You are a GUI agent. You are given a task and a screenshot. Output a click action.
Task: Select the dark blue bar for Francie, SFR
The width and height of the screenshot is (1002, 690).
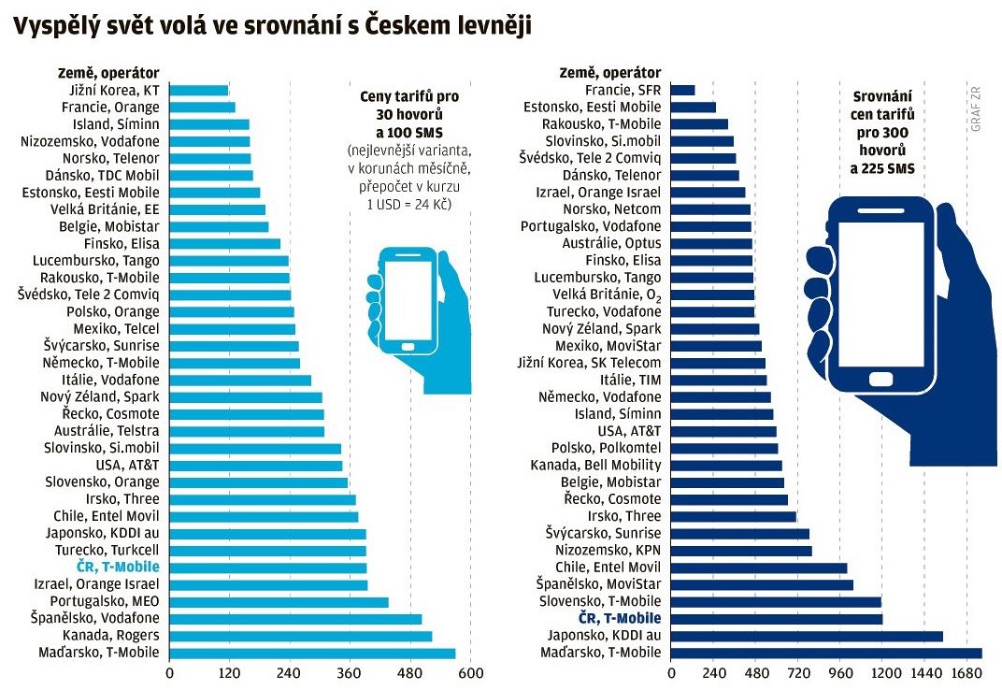(683, 90)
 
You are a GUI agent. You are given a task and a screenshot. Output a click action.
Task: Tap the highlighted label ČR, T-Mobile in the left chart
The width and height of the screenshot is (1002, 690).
(118, 568)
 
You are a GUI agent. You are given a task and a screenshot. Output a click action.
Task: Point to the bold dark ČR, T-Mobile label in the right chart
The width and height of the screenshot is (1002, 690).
(620, 618)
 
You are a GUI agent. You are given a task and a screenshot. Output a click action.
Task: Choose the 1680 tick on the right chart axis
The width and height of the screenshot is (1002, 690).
(966, 673)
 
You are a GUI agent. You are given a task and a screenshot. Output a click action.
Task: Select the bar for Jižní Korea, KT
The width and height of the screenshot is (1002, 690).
(199, 91)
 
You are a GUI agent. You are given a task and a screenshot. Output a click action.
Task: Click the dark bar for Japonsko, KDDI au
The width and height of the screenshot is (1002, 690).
(807, 636)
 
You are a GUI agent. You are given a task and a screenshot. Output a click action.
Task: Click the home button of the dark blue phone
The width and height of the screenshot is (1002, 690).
(881, 379)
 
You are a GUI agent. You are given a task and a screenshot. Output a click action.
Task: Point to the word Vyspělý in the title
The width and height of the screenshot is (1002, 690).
(57, 27)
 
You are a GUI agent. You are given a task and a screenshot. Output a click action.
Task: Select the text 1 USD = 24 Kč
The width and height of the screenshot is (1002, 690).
(410, 204)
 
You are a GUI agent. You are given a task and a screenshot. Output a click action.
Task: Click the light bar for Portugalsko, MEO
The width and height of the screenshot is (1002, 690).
(279, 601)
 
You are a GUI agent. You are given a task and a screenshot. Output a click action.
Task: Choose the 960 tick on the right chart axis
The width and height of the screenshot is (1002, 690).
(840, 673)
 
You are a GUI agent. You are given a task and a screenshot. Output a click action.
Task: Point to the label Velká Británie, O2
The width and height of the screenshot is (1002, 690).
(608, 295)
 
